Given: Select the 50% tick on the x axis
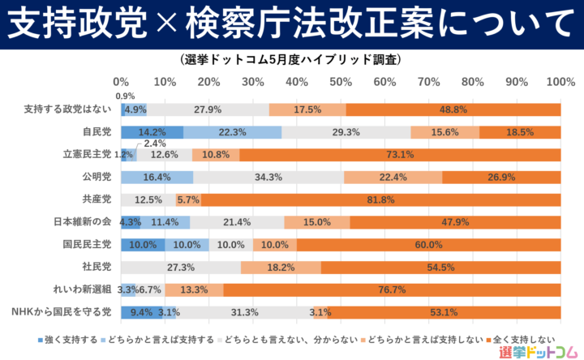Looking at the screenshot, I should click(341, 82).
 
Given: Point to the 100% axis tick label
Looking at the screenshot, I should click(560, 82).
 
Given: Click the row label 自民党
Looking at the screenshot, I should click(97, 132).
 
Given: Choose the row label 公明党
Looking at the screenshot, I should click(97, 177).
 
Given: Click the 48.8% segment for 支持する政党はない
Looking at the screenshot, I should click(453, 109).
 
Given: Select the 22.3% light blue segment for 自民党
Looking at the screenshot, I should click(233, 132).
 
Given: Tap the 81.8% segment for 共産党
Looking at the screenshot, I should click(380, 199).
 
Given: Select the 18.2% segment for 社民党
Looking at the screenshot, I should click(281, 267).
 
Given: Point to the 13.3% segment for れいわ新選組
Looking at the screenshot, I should click(194, 289).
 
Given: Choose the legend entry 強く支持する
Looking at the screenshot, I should click(68, 337).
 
